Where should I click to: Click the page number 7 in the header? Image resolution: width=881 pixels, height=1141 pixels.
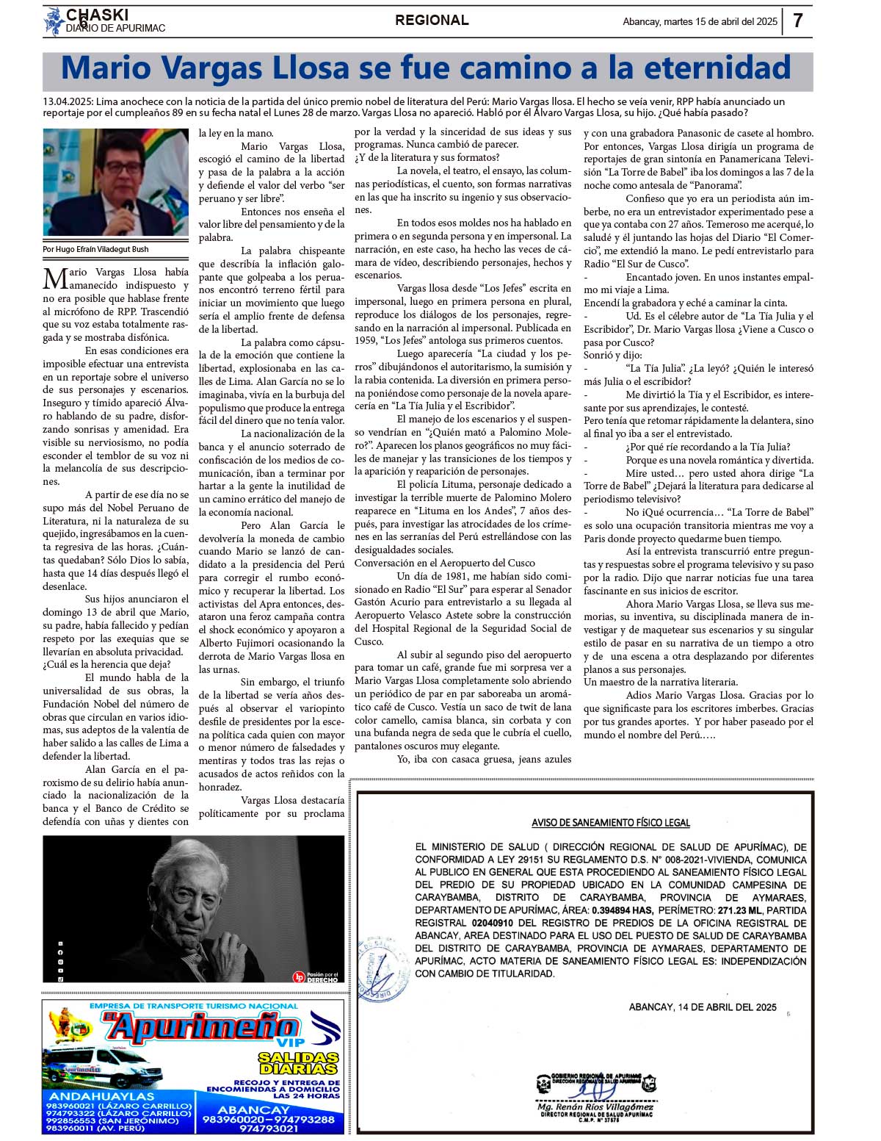click(x=798, y=21)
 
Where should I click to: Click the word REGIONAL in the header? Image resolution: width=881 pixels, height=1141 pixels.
click(x=432, y=21)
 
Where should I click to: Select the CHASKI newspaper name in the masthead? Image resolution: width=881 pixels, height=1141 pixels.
click(x=97, y=15)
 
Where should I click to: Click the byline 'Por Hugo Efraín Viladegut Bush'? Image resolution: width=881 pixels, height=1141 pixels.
click(x=96, y=250)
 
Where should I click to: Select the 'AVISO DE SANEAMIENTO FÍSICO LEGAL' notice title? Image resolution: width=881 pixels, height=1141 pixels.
click(x=611, y=823)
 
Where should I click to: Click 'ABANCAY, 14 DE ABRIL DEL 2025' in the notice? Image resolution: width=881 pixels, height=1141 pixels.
click(x=703, y=1007)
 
